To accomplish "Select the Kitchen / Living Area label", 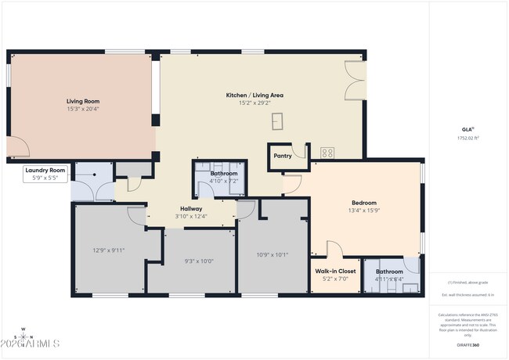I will (x=254, y=95).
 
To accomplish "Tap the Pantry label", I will (x=283, y=156).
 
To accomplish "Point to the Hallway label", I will (x=191, y=209).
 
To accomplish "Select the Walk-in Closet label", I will (x=335, y=271).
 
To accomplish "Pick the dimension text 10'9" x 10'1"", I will (x=273, y=254).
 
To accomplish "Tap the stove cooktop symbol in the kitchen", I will (x=327, y=153).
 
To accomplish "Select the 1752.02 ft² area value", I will (x=467, y=138).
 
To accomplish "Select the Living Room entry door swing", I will (x=17, y=146).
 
